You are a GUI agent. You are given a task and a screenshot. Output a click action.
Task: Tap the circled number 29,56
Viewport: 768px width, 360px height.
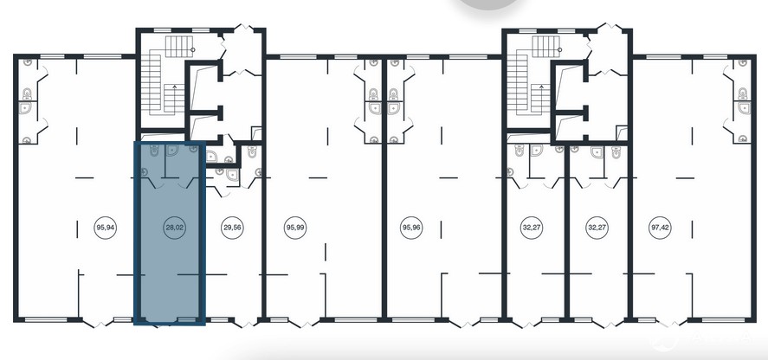click(x=233, y=228)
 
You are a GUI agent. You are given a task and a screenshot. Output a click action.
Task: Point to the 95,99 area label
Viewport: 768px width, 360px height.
click(x=294, y=228)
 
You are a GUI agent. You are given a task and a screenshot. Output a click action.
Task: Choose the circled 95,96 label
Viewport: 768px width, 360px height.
click(x=411, y=228)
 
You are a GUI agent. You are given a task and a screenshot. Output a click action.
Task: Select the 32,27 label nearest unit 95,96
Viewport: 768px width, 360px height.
click(x=531, y=228)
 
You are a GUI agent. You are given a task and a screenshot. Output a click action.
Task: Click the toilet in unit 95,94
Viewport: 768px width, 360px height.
click(x=27, y=93)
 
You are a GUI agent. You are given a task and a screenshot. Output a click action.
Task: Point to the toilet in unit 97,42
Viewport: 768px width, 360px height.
click(x=743, y=93)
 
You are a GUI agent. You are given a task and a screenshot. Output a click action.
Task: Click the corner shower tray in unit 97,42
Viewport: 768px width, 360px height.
click(x=744, y=108)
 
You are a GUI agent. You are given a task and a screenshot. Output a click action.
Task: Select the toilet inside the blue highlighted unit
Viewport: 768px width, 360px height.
click(x=154, y=151)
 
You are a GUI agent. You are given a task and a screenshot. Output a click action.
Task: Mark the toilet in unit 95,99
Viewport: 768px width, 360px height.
click(x=374, y=93)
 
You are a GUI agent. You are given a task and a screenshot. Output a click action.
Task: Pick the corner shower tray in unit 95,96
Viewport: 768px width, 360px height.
click(x=393, y=108)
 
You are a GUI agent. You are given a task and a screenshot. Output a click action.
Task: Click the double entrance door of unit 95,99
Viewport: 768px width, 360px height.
click(x=304, y=323)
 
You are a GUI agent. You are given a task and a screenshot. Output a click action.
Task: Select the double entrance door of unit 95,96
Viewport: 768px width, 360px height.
click(x=464, y=323)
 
